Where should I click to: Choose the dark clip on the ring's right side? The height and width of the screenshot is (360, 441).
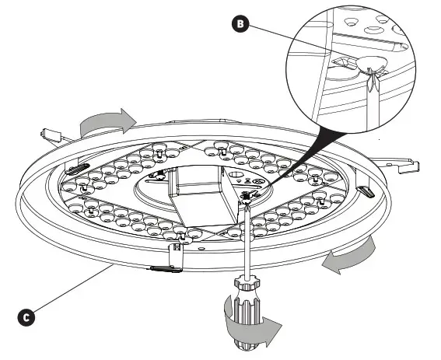(363, 191)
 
